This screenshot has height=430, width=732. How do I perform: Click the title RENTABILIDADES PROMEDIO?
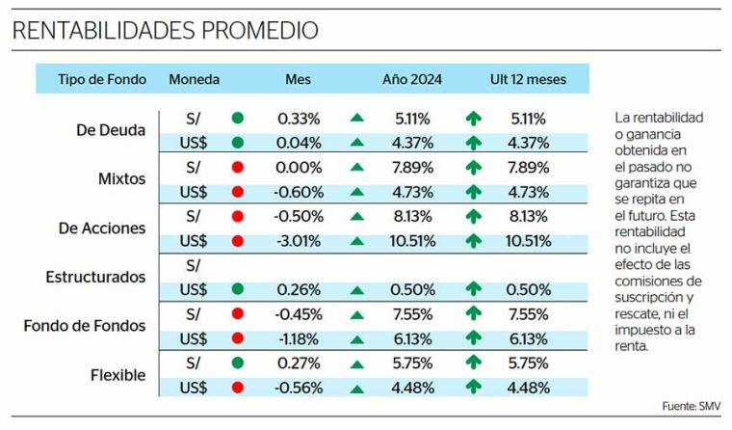pyautogui.click(x=165, y=31)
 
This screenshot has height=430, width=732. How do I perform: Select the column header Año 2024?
pyautogui.click(x=412, y=79)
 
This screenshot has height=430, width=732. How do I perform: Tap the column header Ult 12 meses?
pyautogui.click(x=527, y=79)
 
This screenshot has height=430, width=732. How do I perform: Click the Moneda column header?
pyautogui.click(x=194, y=79)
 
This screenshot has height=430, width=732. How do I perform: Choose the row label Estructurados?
pyautogui.click(x=95, y=277)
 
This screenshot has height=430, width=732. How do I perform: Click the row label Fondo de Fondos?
pyautogui.click(x=85, y=326)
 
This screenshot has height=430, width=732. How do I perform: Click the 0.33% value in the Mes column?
pyautogui.click(x=299, y=119)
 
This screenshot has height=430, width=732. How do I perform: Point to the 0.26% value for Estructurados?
pyautogui.click(x=299, y=289)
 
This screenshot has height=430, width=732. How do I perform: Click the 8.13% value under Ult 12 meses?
pyautogui.click(x=528, y=216)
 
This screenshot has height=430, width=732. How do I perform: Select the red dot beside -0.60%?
pyautogui.click(x=238, y=192)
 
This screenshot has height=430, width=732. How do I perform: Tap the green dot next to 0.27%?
pyautogui.click(x=238, y=363)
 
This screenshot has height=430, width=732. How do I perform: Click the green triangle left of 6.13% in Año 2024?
pyautogui.click(x=357, y=339)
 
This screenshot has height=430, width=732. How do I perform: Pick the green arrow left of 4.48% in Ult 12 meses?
pyautogui.click(x=473, y=388)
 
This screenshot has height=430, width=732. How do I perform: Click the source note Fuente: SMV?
pyautogui.click(x=692, y=407)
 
